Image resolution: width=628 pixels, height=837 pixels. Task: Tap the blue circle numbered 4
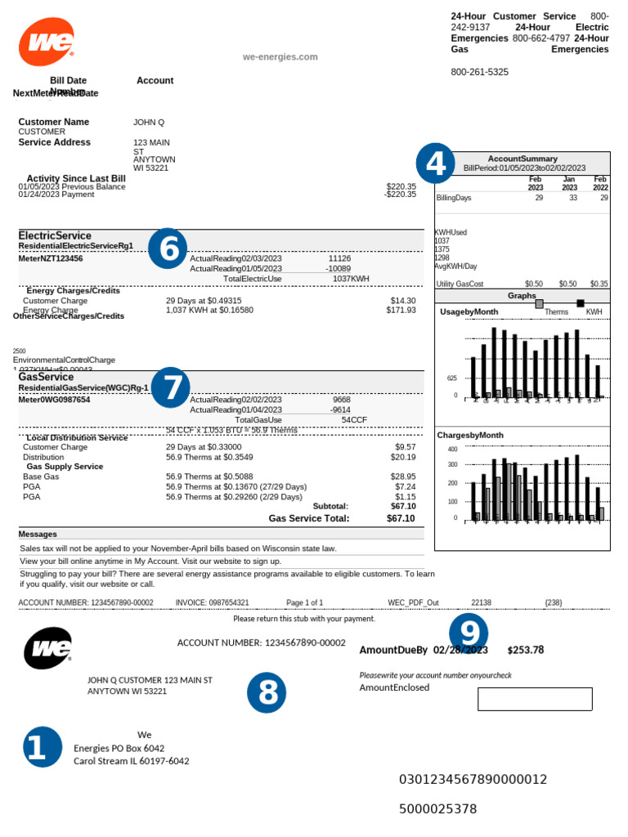coord(435,163)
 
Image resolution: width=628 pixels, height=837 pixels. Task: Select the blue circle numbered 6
coord(168,248)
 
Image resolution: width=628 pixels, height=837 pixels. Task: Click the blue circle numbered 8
coord(267,693)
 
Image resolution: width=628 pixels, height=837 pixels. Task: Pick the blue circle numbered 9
coord(469,633)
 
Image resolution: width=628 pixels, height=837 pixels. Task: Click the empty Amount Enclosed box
coord(535,699)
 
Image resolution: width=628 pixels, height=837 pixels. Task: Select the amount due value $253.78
coord(525,650)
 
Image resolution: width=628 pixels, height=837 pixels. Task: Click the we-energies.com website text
coord(280,56)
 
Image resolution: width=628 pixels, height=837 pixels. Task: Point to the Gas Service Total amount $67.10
coord(400,518)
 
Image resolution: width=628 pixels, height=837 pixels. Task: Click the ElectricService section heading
coord(55,235)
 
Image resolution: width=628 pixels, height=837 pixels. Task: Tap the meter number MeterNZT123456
coord(51,258)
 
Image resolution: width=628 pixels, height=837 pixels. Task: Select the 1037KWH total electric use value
coord(351,279)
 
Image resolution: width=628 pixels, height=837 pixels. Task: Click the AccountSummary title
coord(523,159)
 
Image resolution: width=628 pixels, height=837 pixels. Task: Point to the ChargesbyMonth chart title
coord(470,435)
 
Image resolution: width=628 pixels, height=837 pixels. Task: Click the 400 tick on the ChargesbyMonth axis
coord(452,450)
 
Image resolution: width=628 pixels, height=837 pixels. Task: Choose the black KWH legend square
coord(581,303)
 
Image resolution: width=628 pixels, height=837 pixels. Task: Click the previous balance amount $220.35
coord(401,186)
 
